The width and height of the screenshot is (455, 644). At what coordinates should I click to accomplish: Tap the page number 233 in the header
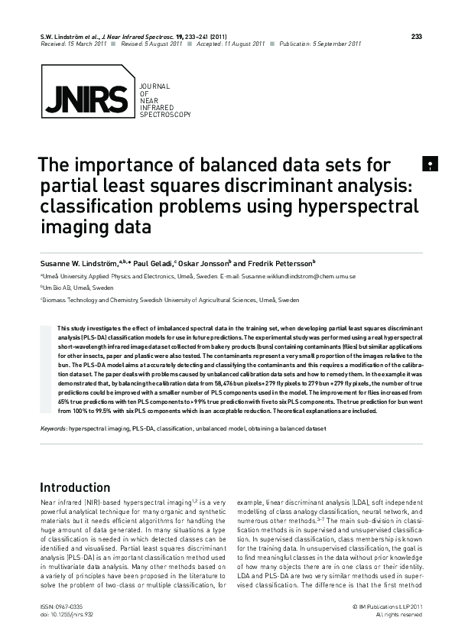click(x=416, y=36)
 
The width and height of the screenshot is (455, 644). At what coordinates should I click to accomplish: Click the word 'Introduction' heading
click(x=75, y=488)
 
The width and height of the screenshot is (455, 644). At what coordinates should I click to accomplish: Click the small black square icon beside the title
click(x=431, y=164)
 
